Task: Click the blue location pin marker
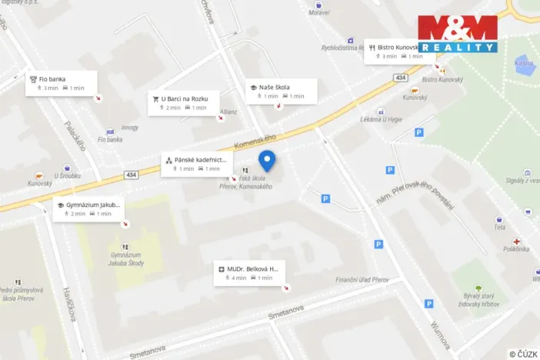click(x=267, y=161)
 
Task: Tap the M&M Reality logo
click(x=458, y=33)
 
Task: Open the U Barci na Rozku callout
click(x=183, y=102)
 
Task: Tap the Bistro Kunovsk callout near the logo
click(x=394, y=51)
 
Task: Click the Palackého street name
click(x=74, y=136)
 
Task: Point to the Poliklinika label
click(x=516, y=248)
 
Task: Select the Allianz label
click(x=228, y=112)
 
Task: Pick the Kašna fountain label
click(x=525, y=63)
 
